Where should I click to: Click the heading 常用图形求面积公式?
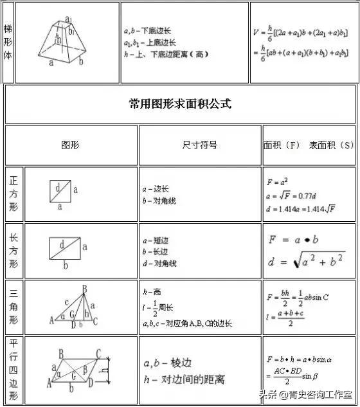coord(180,104)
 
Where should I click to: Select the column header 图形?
coord(70,145)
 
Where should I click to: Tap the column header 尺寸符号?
coord(199,145)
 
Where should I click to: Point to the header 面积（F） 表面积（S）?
coord(309,145)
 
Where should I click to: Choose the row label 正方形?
coord(14,195)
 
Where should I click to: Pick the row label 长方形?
coord(14,251)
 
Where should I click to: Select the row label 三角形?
coord(14,307)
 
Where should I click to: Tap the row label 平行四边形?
coord(14,369)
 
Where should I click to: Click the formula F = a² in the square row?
coord(278,182)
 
